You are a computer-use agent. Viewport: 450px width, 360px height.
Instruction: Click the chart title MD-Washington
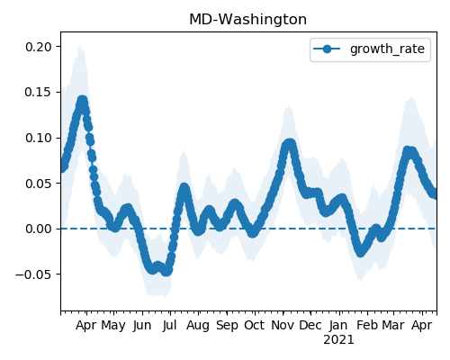tap(248, 20)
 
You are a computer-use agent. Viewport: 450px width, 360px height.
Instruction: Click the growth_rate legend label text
tap(387, 49)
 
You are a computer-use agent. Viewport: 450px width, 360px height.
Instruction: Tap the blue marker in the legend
tap(327, 49)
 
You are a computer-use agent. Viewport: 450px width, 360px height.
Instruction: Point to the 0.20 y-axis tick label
tap(39, 47)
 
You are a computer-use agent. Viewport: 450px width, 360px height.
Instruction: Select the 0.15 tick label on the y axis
tap(39, 92)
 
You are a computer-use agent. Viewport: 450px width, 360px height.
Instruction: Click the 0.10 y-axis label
tap(39, 138)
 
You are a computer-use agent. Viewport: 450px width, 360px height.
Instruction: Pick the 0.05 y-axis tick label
tap(39, 184)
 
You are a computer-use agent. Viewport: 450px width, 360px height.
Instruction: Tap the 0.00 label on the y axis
tap(39, 229)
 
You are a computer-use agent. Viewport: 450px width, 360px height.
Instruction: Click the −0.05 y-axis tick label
tap(34, 274)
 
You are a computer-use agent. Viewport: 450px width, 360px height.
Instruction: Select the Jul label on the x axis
tap(170, 326)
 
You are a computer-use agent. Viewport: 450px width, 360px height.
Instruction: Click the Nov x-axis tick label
tap(283, 326)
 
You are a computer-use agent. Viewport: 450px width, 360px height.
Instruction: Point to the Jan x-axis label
tap(338, 326)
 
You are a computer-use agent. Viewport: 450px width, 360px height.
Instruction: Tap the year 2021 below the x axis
tap(338, 340)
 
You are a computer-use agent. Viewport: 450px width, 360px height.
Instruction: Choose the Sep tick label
tap(227, 326)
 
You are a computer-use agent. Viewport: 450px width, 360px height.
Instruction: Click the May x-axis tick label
tap(113, 326)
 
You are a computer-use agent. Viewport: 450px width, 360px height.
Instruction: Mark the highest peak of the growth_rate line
tap(82, 101)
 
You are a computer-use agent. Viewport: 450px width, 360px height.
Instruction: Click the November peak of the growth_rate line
tap(289, 144)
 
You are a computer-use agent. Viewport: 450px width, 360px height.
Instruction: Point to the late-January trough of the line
tap(361, 252)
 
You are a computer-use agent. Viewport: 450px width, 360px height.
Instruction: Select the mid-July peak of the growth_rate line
tap(184, 188)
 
